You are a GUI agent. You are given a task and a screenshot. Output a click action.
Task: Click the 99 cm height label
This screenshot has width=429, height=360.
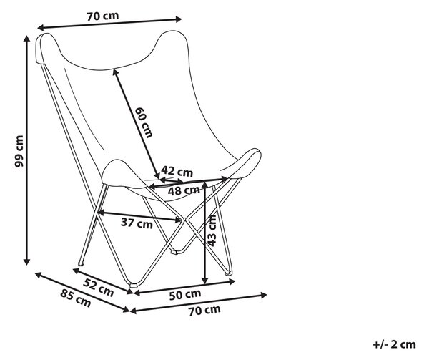pyautogui.click(x=19, y=151)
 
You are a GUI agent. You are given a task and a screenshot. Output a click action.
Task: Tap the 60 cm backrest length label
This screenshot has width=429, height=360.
pyautogui.click(x=144, y=122)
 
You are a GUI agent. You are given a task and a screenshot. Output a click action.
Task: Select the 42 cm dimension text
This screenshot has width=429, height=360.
pyautogui.click(x=177, y=171)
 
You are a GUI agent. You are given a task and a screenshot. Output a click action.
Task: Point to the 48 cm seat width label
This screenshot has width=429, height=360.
pyautogui.click(x=184, y=190)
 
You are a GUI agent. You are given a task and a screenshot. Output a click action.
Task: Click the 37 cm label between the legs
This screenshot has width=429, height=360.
pyautogui.click(x=137, y=223)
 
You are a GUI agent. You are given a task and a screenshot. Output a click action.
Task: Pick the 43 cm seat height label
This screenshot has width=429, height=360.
pyautogui.click(x=212, y=230)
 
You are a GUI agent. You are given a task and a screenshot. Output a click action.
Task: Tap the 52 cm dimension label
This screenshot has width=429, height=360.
pyautogui.click(x=99, y=287)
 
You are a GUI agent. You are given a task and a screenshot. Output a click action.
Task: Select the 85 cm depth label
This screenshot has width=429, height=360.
pyautogui.click(x=76, y=298)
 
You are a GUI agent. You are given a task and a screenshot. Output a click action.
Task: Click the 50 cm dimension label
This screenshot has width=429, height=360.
pyautogui.click(x=185, y=295)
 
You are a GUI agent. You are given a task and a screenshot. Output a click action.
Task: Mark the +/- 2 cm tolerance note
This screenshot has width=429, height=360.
pyautogui.click(x=394, y=344)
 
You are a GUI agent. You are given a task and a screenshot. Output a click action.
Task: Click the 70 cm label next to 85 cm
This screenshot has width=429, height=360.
pyautogui.click(x=204, y=311)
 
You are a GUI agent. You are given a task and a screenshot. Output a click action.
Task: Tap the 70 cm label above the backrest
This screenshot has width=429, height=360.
pyautogui.click(x=103, y=16)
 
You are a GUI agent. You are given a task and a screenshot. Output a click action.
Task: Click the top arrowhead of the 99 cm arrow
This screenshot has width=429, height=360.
pyautogui.click(x=26, y=39)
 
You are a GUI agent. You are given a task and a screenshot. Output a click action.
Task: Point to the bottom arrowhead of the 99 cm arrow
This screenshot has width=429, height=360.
pyautogui.click(x=26, y=262)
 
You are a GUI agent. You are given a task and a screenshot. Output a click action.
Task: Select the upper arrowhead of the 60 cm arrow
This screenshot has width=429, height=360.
pyautogui.click(x=115, y=72)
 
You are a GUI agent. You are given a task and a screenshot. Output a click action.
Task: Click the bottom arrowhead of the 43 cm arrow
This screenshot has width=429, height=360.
pyautogui.click(x=204, y=281)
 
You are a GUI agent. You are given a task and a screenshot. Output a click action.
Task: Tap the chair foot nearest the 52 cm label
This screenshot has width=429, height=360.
pyautogui.click(x=133, y=286)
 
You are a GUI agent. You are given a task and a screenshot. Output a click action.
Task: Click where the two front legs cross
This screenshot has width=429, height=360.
pyautogui.click(x=184, y=219)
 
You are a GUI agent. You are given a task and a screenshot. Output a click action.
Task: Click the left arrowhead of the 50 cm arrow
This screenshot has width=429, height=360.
pyautogui.click(x=137, y=293)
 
